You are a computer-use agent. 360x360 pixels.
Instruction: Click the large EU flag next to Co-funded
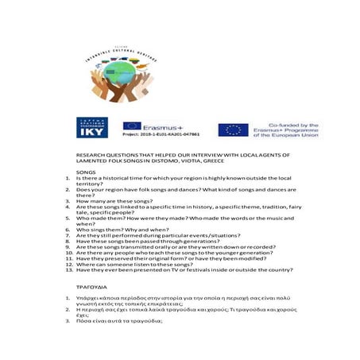coord(233,129)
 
